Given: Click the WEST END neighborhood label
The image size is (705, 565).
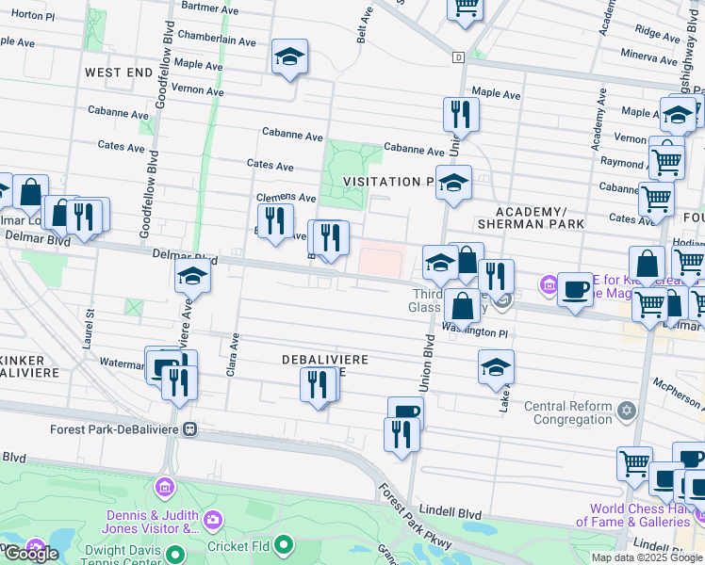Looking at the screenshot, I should (x=118, y=72).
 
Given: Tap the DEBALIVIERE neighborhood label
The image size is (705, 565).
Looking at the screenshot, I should (x=323, y=360).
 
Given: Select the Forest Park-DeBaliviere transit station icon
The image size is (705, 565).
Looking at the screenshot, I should (x=191, y=428).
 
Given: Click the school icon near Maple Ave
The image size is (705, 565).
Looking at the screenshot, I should (x=289, y=58).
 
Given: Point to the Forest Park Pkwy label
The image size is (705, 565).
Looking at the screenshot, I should (x=416, y=519).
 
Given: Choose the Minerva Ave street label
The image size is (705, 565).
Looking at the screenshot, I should (x=648, y=56).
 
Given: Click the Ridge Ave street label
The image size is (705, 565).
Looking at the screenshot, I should (x=650, y=31).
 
